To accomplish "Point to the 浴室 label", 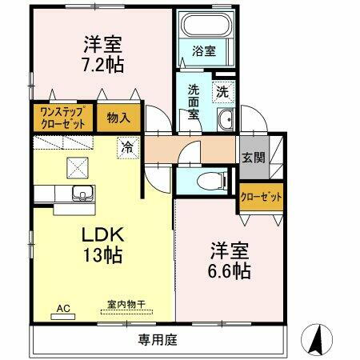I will [204, 52].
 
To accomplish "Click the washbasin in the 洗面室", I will [225, 122].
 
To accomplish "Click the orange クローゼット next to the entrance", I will [261, 198].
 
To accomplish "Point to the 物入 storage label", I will [118, 118].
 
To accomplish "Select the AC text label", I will [62, 306].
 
